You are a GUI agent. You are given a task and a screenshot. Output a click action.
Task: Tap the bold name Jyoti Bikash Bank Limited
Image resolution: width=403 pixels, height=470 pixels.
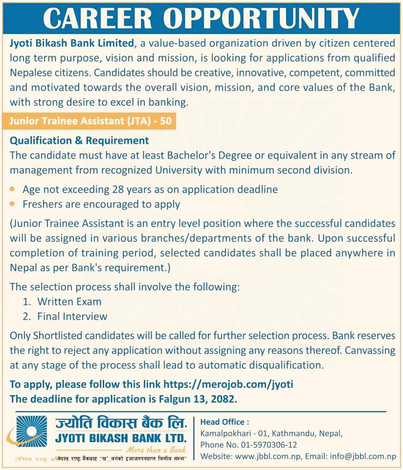71,43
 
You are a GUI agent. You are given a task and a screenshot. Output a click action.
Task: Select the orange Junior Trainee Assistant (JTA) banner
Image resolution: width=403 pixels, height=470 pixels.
91,120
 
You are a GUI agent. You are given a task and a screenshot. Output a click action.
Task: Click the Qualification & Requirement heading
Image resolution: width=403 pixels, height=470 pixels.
79,141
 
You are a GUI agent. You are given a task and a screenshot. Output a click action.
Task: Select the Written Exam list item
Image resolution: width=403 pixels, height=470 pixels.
69,302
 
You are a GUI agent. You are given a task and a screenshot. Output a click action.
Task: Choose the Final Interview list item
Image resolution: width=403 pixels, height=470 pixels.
72,316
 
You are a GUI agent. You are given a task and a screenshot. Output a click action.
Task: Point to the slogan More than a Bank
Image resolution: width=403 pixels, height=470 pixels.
156,449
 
